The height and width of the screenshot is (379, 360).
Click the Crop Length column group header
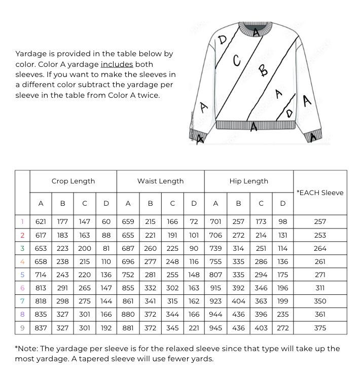click(73, 181)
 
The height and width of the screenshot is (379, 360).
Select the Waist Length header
click(160, 181)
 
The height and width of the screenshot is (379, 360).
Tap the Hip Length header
click(248, 181)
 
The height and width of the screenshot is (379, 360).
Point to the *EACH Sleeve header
click(320, 193)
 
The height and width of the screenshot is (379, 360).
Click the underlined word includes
click(117, 64)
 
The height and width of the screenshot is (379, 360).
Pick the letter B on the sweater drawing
click(263, 70)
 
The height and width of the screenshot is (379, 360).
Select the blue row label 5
click(22, 275)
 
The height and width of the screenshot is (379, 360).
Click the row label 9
click(22, 328)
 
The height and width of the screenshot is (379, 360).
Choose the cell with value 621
click(41, 221)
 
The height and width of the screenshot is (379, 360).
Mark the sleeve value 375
click(320, 328)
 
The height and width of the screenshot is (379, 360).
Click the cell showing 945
click(215, 328)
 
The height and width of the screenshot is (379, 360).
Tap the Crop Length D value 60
click(106, 221)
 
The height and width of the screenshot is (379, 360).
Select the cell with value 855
click(128, 288)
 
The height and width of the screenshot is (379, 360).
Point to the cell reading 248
click(172, 261)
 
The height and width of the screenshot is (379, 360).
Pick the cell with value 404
click(238, 301)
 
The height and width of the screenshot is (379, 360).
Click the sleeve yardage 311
click(320, 288)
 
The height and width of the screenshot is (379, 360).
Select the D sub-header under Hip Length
click(283, 204)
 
